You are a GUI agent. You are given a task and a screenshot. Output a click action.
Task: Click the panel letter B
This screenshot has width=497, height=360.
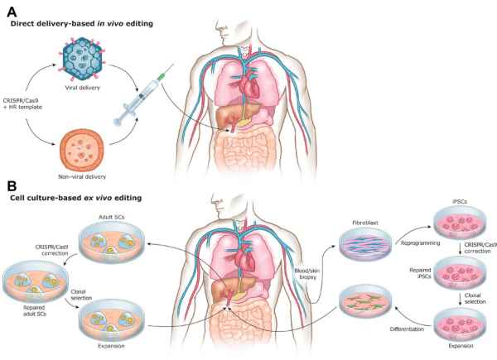coord(12,187)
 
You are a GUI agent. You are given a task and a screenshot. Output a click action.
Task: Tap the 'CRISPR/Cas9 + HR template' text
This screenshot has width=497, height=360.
coord(28,105)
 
